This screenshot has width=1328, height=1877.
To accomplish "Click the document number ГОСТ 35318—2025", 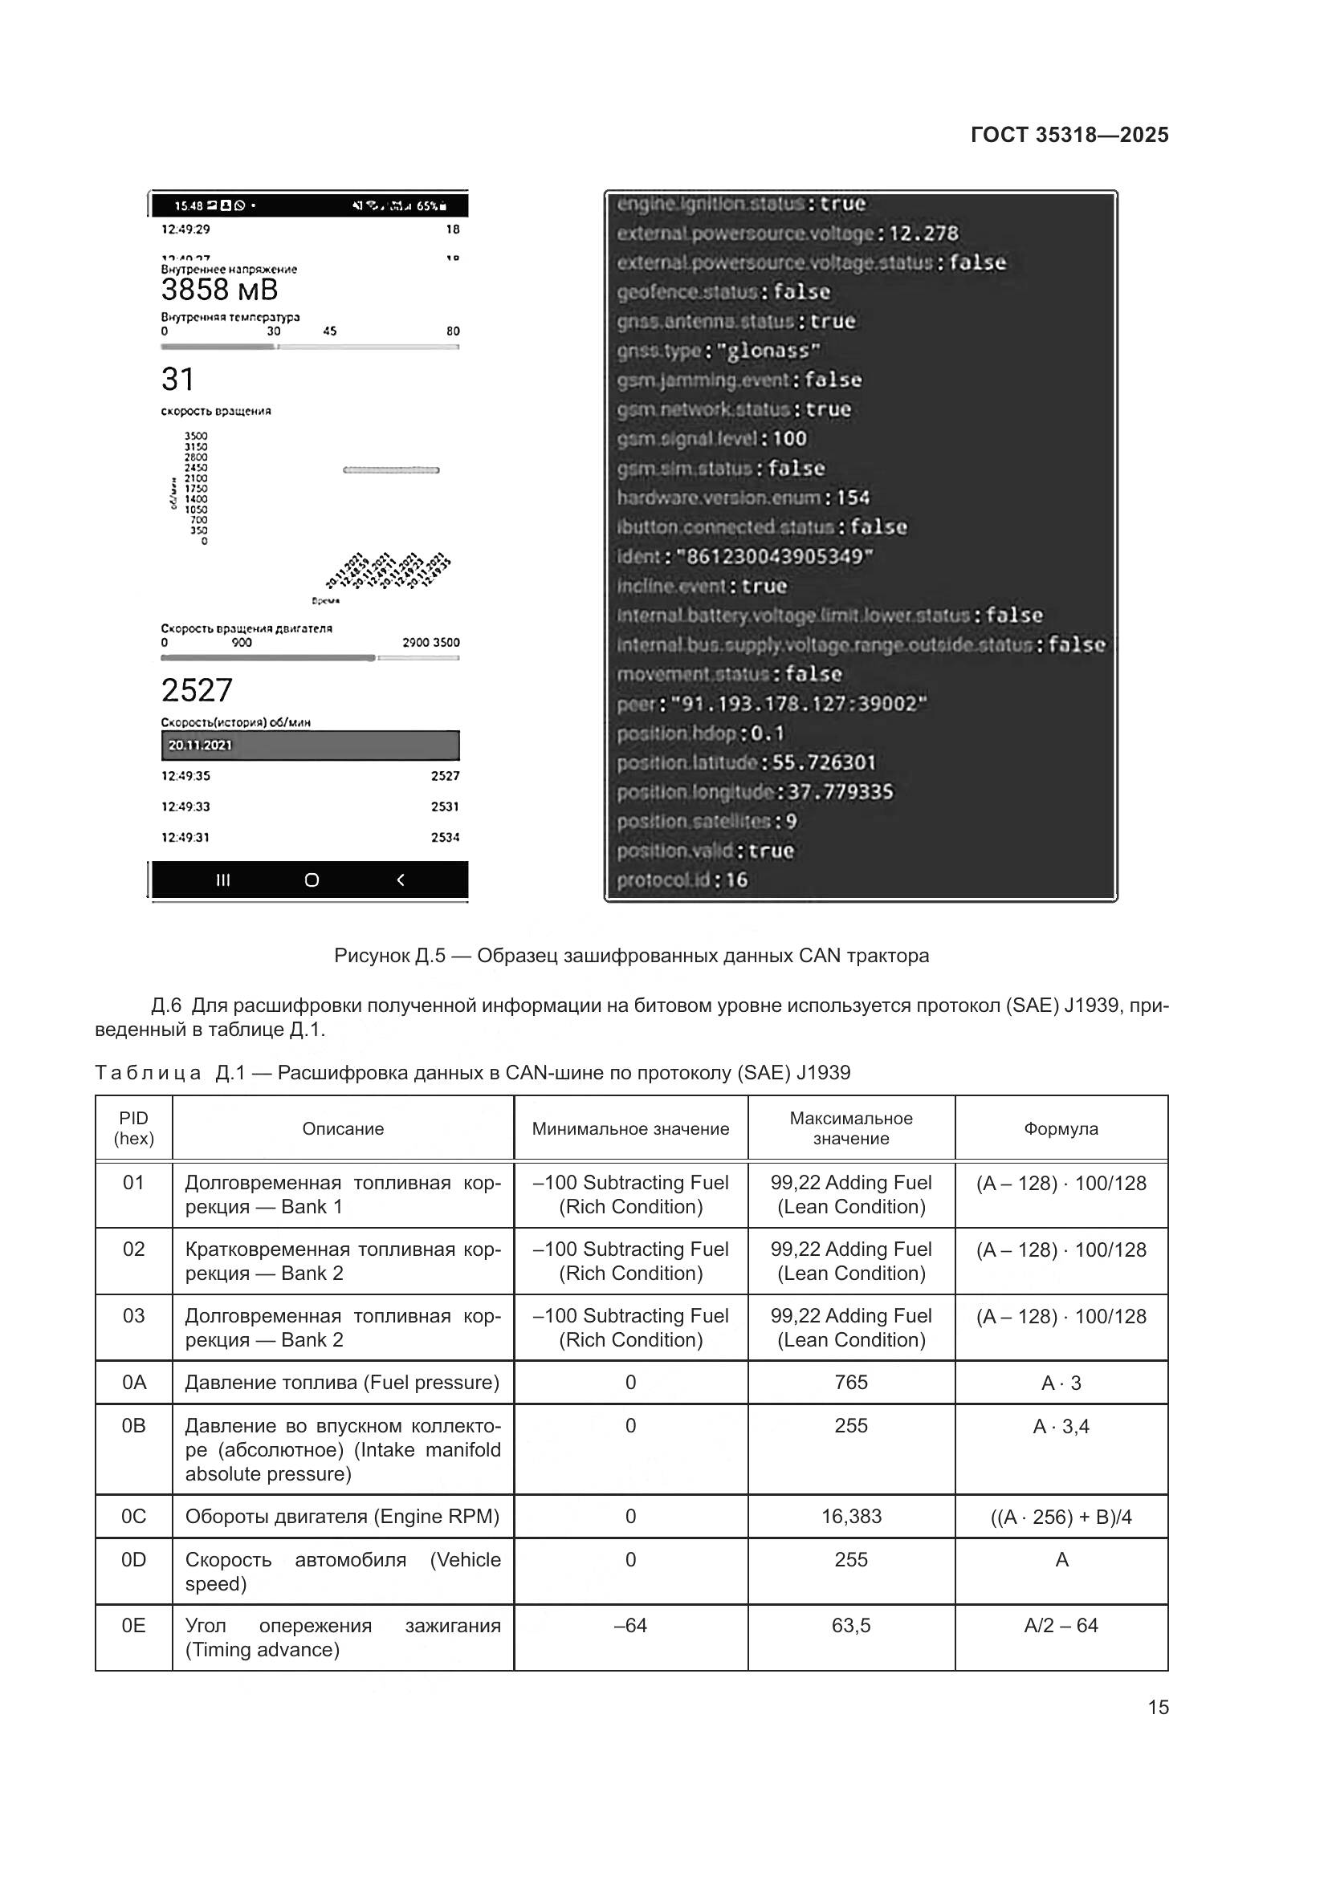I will pyautogui.click(x=1069, y=135).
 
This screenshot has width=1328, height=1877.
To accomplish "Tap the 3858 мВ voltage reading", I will pyautogui.click(x=219, y=290).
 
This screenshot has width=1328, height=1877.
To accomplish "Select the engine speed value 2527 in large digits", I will pyautogui.click(x=197, y=691).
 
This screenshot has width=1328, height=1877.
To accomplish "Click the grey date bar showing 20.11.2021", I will pyautogui.click(x=310, y=745).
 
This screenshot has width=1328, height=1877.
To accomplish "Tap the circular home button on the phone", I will pyautogui.click(x=312, y=880).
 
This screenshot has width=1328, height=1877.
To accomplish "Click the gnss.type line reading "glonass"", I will pyautogui.click(x=718, y=351).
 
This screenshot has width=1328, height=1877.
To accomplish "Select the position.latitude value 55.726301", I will pyautogui.click(x=824, y=762).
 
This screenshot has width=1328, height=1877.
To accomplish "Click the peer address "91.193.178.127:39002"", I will pyautogui.click(x=798, y=704).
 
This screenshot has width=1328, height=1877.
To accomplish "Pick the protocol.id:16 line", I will pyautogui.click(x=682, y=880).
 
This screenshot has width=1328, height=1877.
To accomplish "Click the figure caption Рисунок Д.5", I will pyautogui.click(x=631, y=956).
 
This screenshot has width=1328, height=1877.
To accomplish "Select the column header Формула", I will pyautogui.click(x=1061, y=1129).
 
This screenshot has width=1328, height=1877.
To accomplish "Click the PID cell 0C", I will pyautogui.click(x=133, y=1517).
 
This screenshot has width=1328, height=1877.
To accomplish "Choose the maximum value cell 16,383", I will pyautogui.click(x=850, y=1517).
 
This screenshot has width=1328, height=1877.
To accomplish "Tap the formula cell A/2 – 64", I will pyautogui.click(x=1061, y=1625).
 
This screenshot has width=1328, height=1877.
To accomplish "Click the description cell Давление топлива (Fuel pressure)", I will pyautogui.click(x=342, y=1383).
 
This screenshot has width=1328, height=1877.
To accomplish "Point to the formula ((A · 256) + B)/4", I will pyautogui.click(x=1061, y=1517).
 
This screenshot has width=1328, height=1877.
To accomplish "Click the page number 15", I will pyautogui.click(x=1158, y=1707).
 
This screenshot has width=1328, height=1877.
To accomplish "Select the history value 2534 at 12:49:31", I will pyautogui.click(x=445, y=837).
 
